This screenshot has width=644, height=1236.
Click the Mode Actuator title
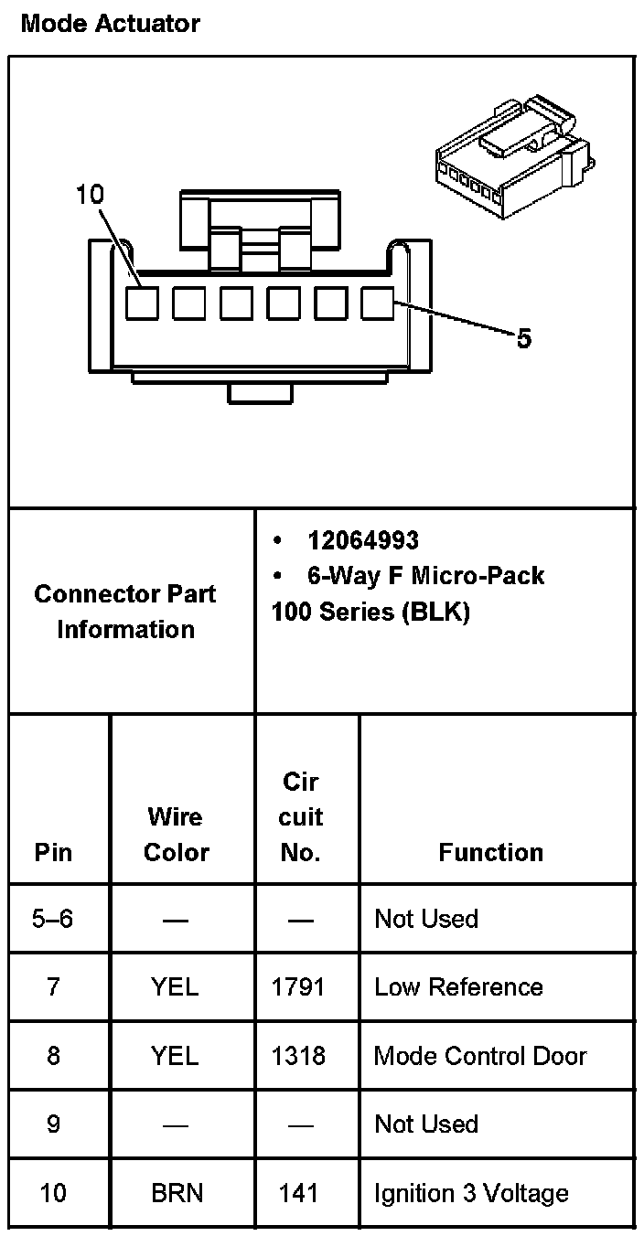click(110, 23)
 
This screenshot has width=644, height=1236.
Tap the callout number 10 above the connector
click(91, 195)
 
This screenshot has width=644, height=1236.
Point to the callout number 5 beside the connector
click(523, 339)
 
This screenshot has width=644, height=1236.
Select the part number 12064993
click(362, 540)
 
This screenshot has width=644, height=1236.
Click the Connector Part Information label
click(126, 612)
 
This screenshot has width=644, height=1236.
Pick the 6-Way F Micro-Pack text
click(425, 576)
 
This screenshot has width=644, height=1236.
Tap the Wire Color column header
click(177, 834)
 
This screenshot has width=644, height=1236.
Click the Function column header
click(490, 853)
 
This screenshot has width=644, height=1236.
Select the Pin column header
click(53, 853)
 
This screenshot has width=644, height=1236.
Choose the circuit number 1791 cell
click(299, 987)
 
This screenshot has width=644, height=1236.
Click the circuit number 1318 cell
click(299, 1056)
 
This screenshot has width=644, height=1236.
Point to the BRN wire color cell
click(177, 1193)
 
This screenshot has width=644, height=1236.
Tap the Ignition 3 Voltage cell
click(471, 1193)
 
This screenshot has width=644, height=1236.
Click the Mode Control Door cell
click(480, 1056)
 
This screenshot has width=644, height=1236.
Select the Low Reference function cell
click(458, 987)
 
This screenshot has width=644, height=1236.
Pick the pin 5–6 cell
click(53, 919)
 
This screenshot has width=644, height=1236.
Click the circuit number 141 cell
click(299, 1193)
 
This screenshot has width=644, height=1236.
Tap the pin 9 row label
click(53, 1124)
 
